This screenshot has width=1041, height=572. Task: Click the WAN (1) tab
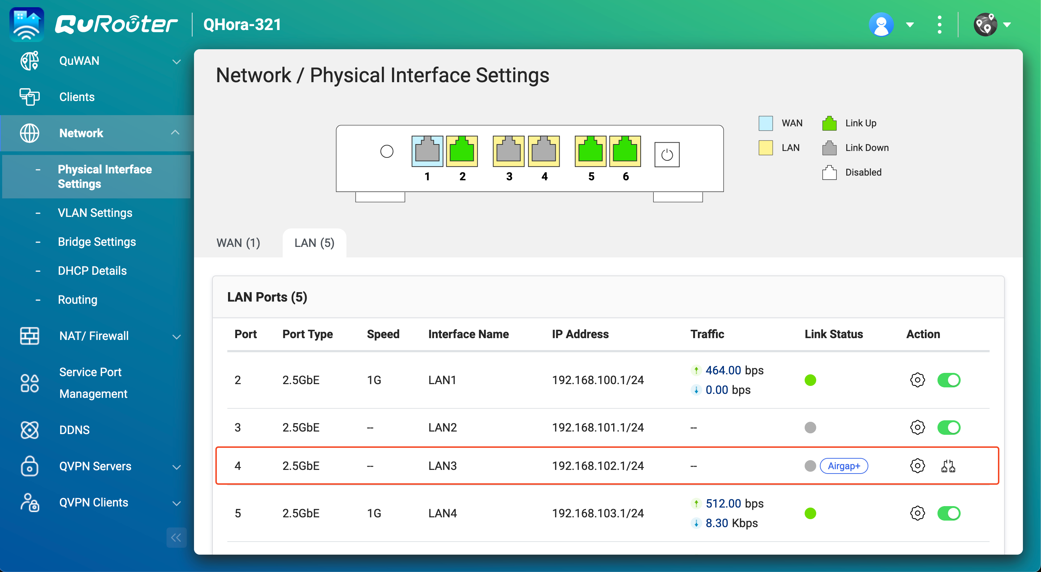pyautogui.click(x=238, y=243)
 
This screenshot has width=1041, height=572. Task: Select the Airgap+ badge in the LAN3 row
pyautogui.click(x=843, y=466)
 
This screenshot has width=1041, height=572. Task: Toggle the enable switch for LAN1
pyautogui.click(x=948, y=380)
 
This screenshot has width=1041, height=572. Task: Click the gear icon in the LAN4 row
pyautogui.click(x=917, y=513)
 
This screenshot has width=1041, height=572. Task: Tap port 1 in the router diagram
pyautogui.click(x=427, y=151)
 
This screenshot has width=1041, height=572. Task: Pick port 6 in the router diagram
pyautogui.click(x=625, y=151)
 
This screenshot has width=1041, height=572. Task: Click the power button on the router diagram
pyautogui.click(x=666, y=155)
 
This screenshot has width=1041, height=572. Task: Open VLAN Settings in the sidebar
pyautogui.click(x=95, y=213)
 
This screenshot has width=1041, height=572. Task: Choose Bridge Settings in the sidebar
pyautogui.click(x=97, y=242)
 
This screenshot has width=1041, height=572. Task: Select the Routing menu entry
pyautogui.click(x=77, y=299)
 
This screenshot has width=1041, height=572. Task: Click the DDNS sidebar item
pyautogui.click(x=74, y=430)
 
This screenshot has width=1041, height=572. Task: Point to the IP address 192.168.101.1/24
pyautogui.click(x=598, y=427)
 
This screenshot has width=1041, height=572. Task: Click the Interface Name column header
pyautogui.click(x=468, y=334)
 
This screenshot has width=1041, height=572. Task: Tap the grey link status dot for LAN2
pyautogui.click(x=810, y=427)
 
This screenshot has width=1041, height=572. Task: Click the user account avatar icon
pyautogui.click(x=881, y=25)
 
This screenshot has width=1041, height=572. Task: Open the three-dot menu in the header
pyautogui.click(x=939, y=25)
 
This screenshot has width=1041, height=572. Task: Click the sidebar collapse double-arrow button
pyautogui.click(x=176, y=537)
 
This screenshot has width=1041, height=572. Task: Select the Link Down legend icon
pyautogui.click(x=829, y=148)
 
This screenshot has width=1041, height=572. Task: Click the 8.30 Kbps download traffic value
pyautogui.click(x=731, y=523)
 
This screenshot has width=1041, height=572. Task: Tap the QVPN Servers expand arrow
pyautogui.click(x=177, y=467)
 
